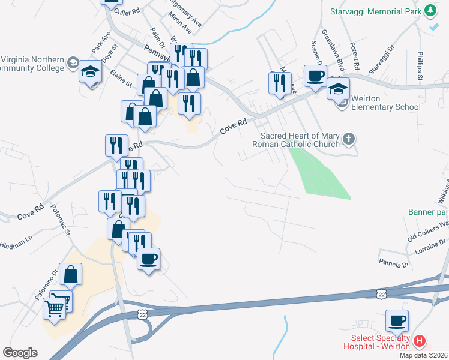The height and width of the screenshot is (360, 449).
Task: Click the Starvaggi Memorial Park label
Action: pos(375,11)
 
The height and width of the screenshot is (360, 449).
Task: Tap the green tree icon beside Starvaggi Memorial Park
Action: pos(430,11)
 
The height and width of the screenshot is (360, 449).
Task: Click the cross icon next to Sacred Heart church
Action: pos(349,140)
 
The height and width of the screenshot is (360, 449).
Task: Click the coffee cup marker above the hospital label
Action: pos(397,320)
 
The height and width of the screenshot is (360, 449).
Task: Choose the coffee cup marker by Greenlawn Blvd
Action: pos(316,76)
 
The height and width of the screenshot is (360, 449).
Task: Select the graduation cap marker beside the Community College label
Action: pos(91,73)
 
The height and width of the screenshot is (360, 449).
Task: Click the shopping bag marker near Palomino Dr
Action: pos(71,275)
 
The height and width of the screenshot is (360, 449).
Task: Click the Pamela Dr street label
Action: pos(393,263)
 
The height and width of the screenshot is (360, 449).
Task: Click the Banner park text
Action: pos(428,212)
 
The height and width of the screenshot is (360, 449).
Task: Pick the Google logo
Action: pos(20,353)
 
